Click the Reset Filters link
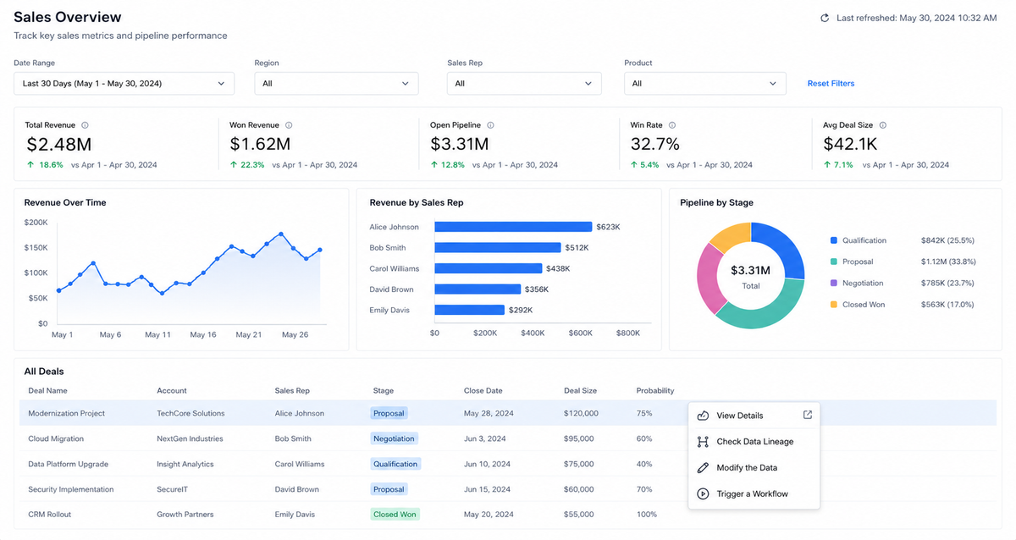[831, 84]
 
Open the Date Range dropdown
[124, 84]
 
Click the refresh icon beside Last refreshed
[825, 18]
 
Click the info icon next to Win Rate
[672, 125]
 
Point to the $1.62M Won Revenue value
[260, 144]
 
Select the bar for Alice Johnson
[513, 227]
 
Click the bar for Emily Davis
[469, 310]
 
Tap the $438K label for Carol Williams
[558, 268]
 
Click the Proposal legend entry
[852, 262]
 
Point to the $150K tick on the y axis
[36, 247]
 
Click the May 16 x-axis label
[202, 334]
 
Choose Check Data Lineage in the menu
[754, 442]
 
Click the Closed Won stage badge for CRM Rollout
[395, 514]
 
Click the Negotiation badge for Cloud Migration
[394, 438]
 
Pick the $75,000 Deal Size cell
[579, 464]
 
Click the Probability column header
[655, 391]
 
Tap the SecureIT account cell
[173, 489]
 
